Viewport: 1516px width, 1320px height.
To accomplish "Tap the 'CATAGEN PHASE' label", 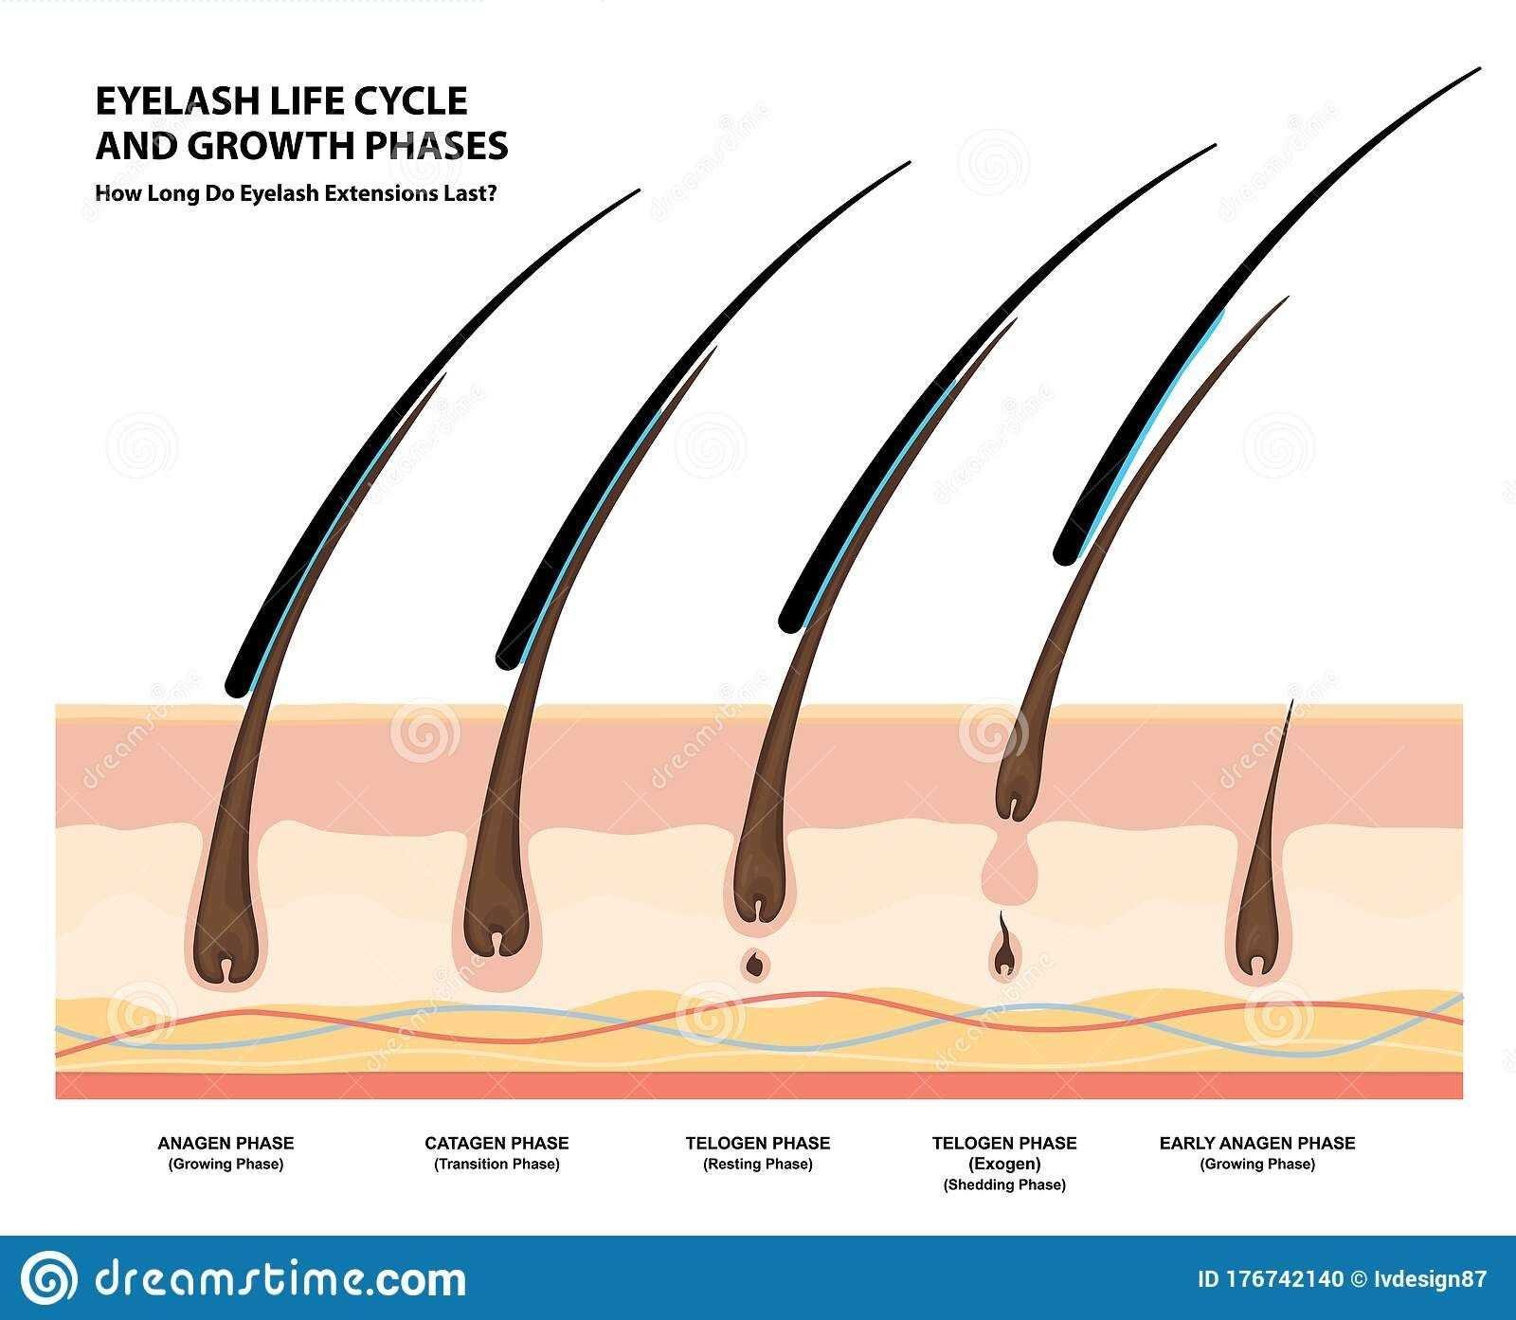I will tap(496, 1143).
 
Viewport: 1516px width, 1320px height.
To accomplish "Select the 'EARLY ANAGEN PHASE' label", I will tap(1256, 1143).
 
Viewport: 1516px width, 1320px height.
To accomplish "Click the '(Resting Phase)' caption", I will tap(758, 1164).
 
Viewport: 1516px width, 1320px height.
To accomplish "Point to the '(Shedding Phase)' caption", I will tap(1004, 1184).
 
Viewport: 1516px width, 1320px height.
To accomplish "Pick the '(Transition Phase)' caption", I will tap(496, 1164).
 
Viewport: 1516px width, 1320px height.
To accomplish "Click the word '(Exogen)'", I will tap(1004, 1164).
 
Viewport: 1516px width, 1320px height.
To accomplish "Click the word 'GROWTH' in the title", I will tap(250, 146).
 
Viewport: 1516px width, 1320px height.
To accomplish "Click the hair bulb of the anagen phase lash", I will tap(227, 933).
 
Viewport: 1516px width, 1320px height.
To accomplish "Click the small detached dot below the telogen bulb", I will tap(756, 964).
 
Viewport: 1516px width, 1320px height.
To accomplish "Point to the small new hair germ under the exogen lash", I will tap(1003, 957).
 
